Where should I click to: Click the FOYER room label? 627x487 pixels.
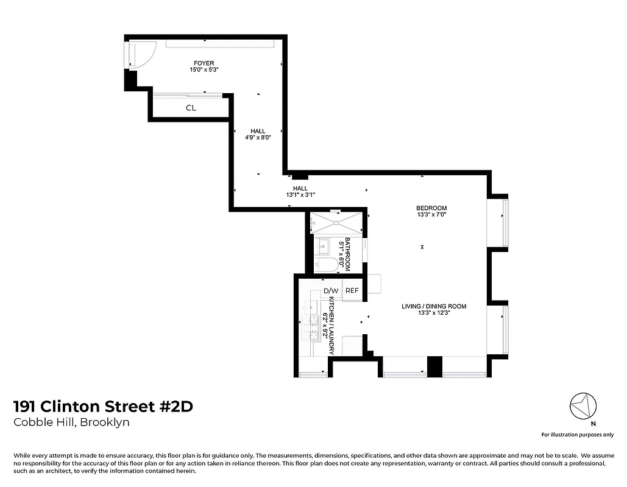[x=204, y=63]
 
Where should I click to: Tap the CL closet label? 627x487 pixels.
[x=191, y=108]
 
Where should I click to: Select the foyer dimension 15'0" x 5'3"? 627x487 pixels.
[x=204, y=70]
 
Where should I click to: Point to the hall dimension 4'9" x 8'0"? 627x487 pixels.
[x=258, y=138]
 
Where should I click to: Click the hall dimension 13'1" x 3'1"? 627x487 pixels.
[x=300, y=195]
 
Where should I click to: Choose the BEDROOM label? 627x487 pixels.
[x=432, y=208]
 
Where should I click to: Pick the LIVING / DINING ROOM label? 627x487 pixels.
[x=433, y=306]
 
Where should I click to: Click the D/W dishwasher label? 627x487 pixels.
[x=330, y=290]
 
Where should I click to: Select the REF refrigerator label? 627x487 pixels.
[x=352, y=290]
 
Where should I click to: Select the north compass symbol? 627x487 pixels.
[x=583, y=405]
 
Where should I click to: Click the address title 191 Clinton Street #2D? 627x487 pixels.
[x=103, y=406]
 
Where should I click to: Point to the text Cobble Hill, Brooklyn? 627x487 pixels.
[x=71, y=422]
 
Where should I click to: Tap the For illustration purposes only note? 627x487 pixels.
[x=577, y=435]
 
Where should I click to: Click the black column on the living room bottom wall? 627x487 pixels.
[x=434, y=366]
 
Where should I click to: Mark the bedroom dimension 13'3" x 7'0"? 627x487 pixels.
[x=432, y=215]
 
